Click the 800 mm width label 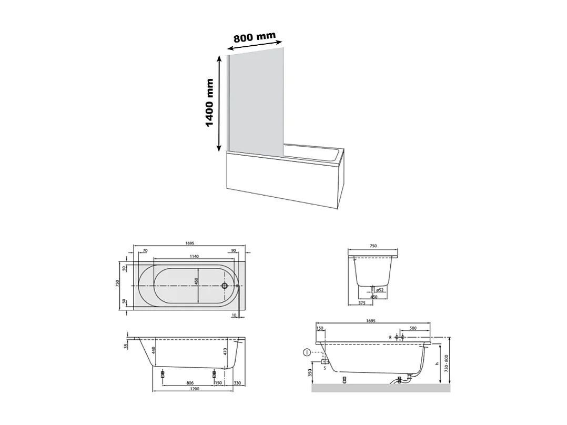[x=255, y=38]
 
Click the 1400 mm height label [x=210, y=103]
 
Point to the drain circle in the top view [x=225, y=286]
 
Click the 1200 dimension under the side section [x=194, y=389]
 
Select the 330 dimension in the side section [x=237, y=383]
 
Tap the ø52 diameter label [x=379, y=290]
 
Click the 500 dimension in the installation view [x=412, y=328]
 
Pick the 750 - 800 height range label [x=446, y=363]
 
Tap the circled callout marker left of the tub [x=307, y=352]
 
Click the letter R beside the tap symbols [x=390, y=337]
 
